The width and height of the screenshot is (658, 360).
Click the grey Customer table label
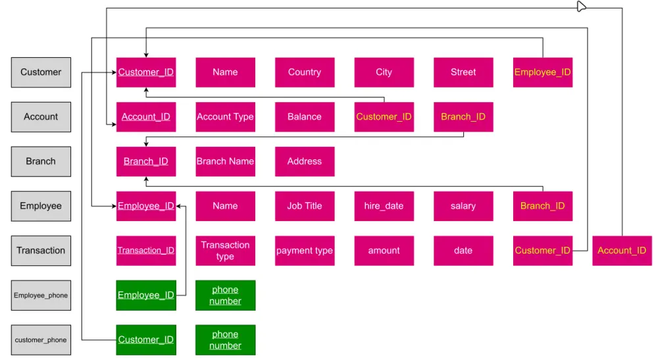pyautogui.click(x=41, y=72)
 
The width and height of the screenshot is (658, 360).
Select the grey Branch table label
pyautogui.click(x=41, y=161)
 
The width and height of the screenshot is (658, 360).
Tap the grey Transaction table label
pyautogui.click(x=41, y=251)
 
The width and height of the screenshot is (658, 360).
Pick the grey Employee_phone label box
pyautogui.click(x=41, y=296)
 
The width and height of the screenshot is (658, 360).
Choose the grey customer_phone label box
pyautogui.click(x=41, y=340)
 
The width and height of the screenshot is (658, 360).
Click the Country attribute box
pyautogui.click(x=305, y=72)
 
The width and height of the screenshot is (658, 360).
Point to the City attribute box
pyautogui.click(x=384, y=72)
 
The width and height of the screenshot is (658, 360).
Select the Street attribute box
pyautogui.click(x=463, y=72)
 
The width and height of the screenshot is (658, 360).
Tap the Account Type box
pyautogui.click(x=225, y=117)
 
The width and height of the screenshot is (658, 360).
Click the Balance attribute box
pyautogui.click(x=305, y=117)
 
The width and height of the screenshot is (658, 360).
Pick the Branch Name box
pyautogui.click(x=225, y=161)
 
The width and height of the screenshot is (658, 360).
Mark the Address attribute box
pyautogui.click(x=305, y=161)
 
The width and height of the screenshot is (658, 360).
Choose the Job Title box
pyautogui.click(x=305, y=206)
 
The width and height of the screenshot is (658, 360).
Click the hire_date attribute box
pyautogui.click(x=384, y=206)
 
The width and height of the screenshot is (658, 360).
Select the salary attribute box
pyautogui.click(x=463, y=206)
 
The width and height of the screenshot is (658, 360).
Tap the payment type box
pyautogui.click(x=305, y=251)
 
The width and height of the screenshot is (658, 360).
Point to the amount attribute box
pyautogui.click(x=384, y=251)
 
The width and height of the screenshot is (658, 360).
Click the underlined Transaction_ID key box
pyautogui.click(x=146, y=251)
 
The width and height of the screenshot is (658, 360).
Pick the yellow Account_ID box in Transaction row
pyautogui.click(x=622, y=251)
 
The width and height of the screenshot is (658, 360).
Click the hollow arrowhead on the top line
pyautogui.click(x=581, y=7)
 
